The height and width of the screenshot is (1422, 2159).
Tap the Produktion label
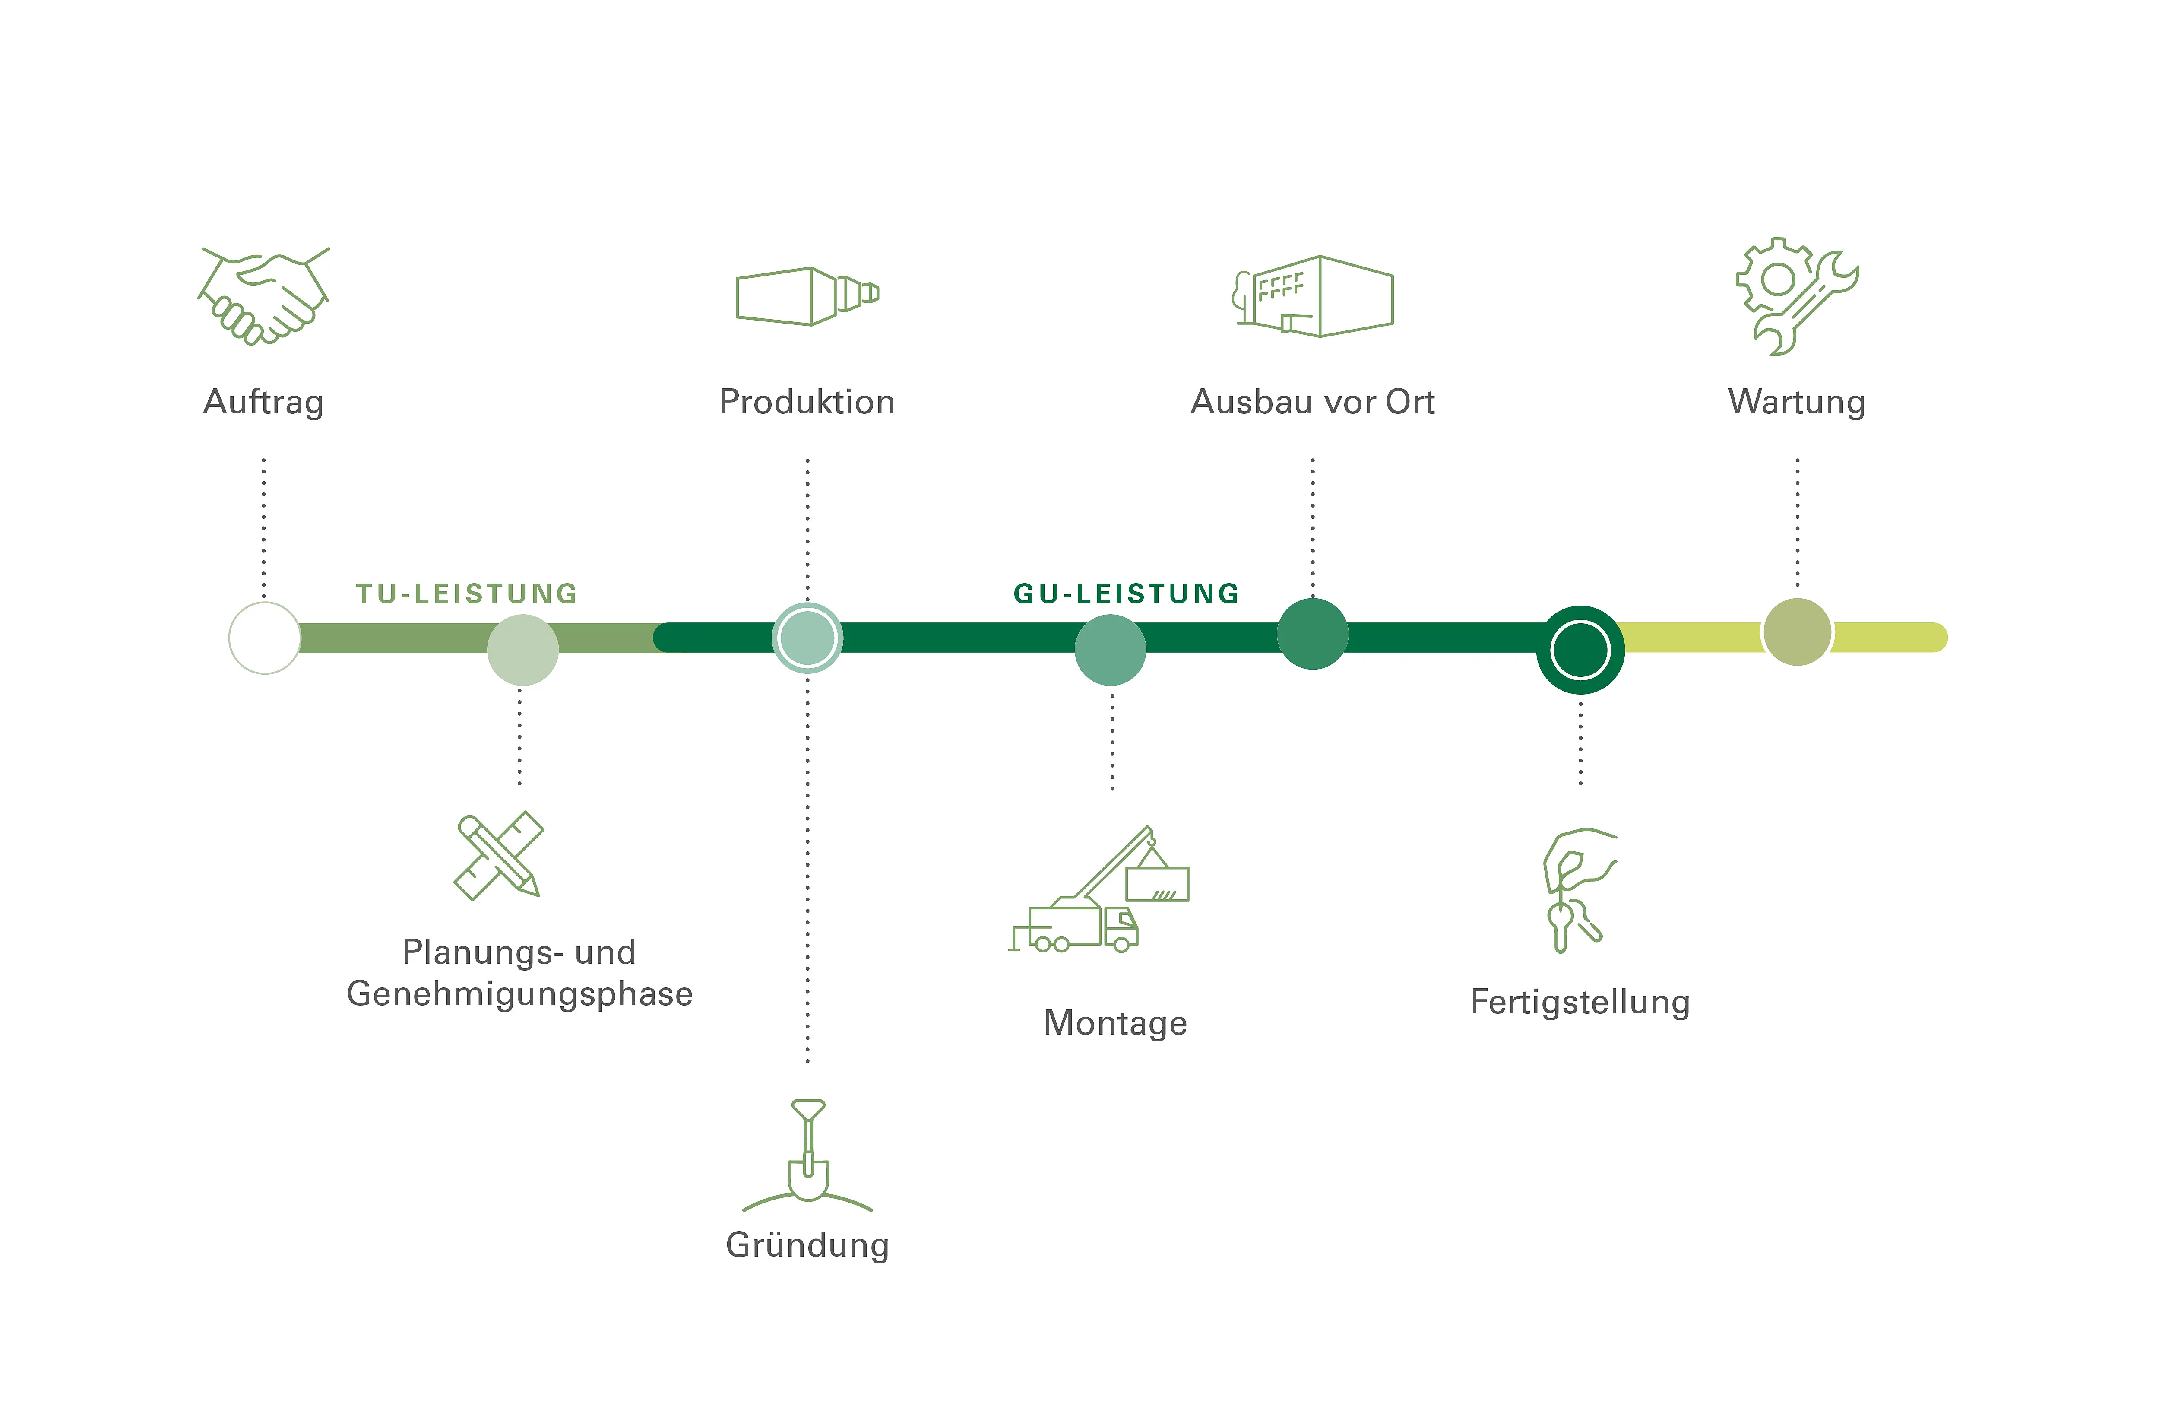[807, 402]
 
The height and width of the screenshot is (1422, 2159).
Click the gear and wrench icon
[1796, 296]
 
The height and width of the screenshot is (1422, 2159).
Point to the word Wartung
[1796, 402]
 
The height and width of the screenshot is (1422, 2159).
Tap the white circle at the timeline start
[264, 638]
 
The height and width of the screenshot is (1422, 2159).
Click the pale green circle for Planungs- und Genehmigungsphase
[522, 650]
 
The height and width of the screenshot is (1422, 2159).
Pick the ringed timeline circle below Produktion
[807, 638]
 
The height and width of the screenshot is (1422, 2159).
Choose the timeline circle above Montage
[1110, 650]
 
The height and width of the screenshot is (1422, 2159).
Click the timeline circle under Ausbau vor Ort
[1313, 633]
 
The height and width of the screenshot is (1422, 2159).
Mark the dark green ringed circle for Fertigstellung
[1580, 650]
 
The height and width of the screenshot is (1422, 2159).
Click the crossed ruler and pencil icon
[498, 856]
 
